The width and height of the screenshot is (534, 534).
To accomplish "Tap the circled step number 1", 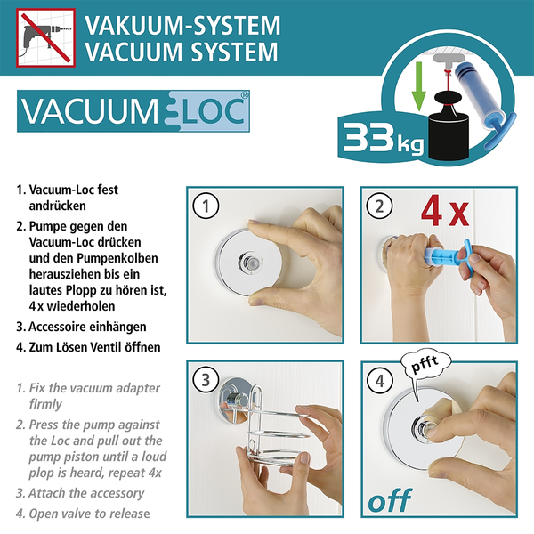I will [206, 207].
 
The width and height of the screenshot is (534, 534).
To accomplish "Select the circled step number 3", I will [206, 380].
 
